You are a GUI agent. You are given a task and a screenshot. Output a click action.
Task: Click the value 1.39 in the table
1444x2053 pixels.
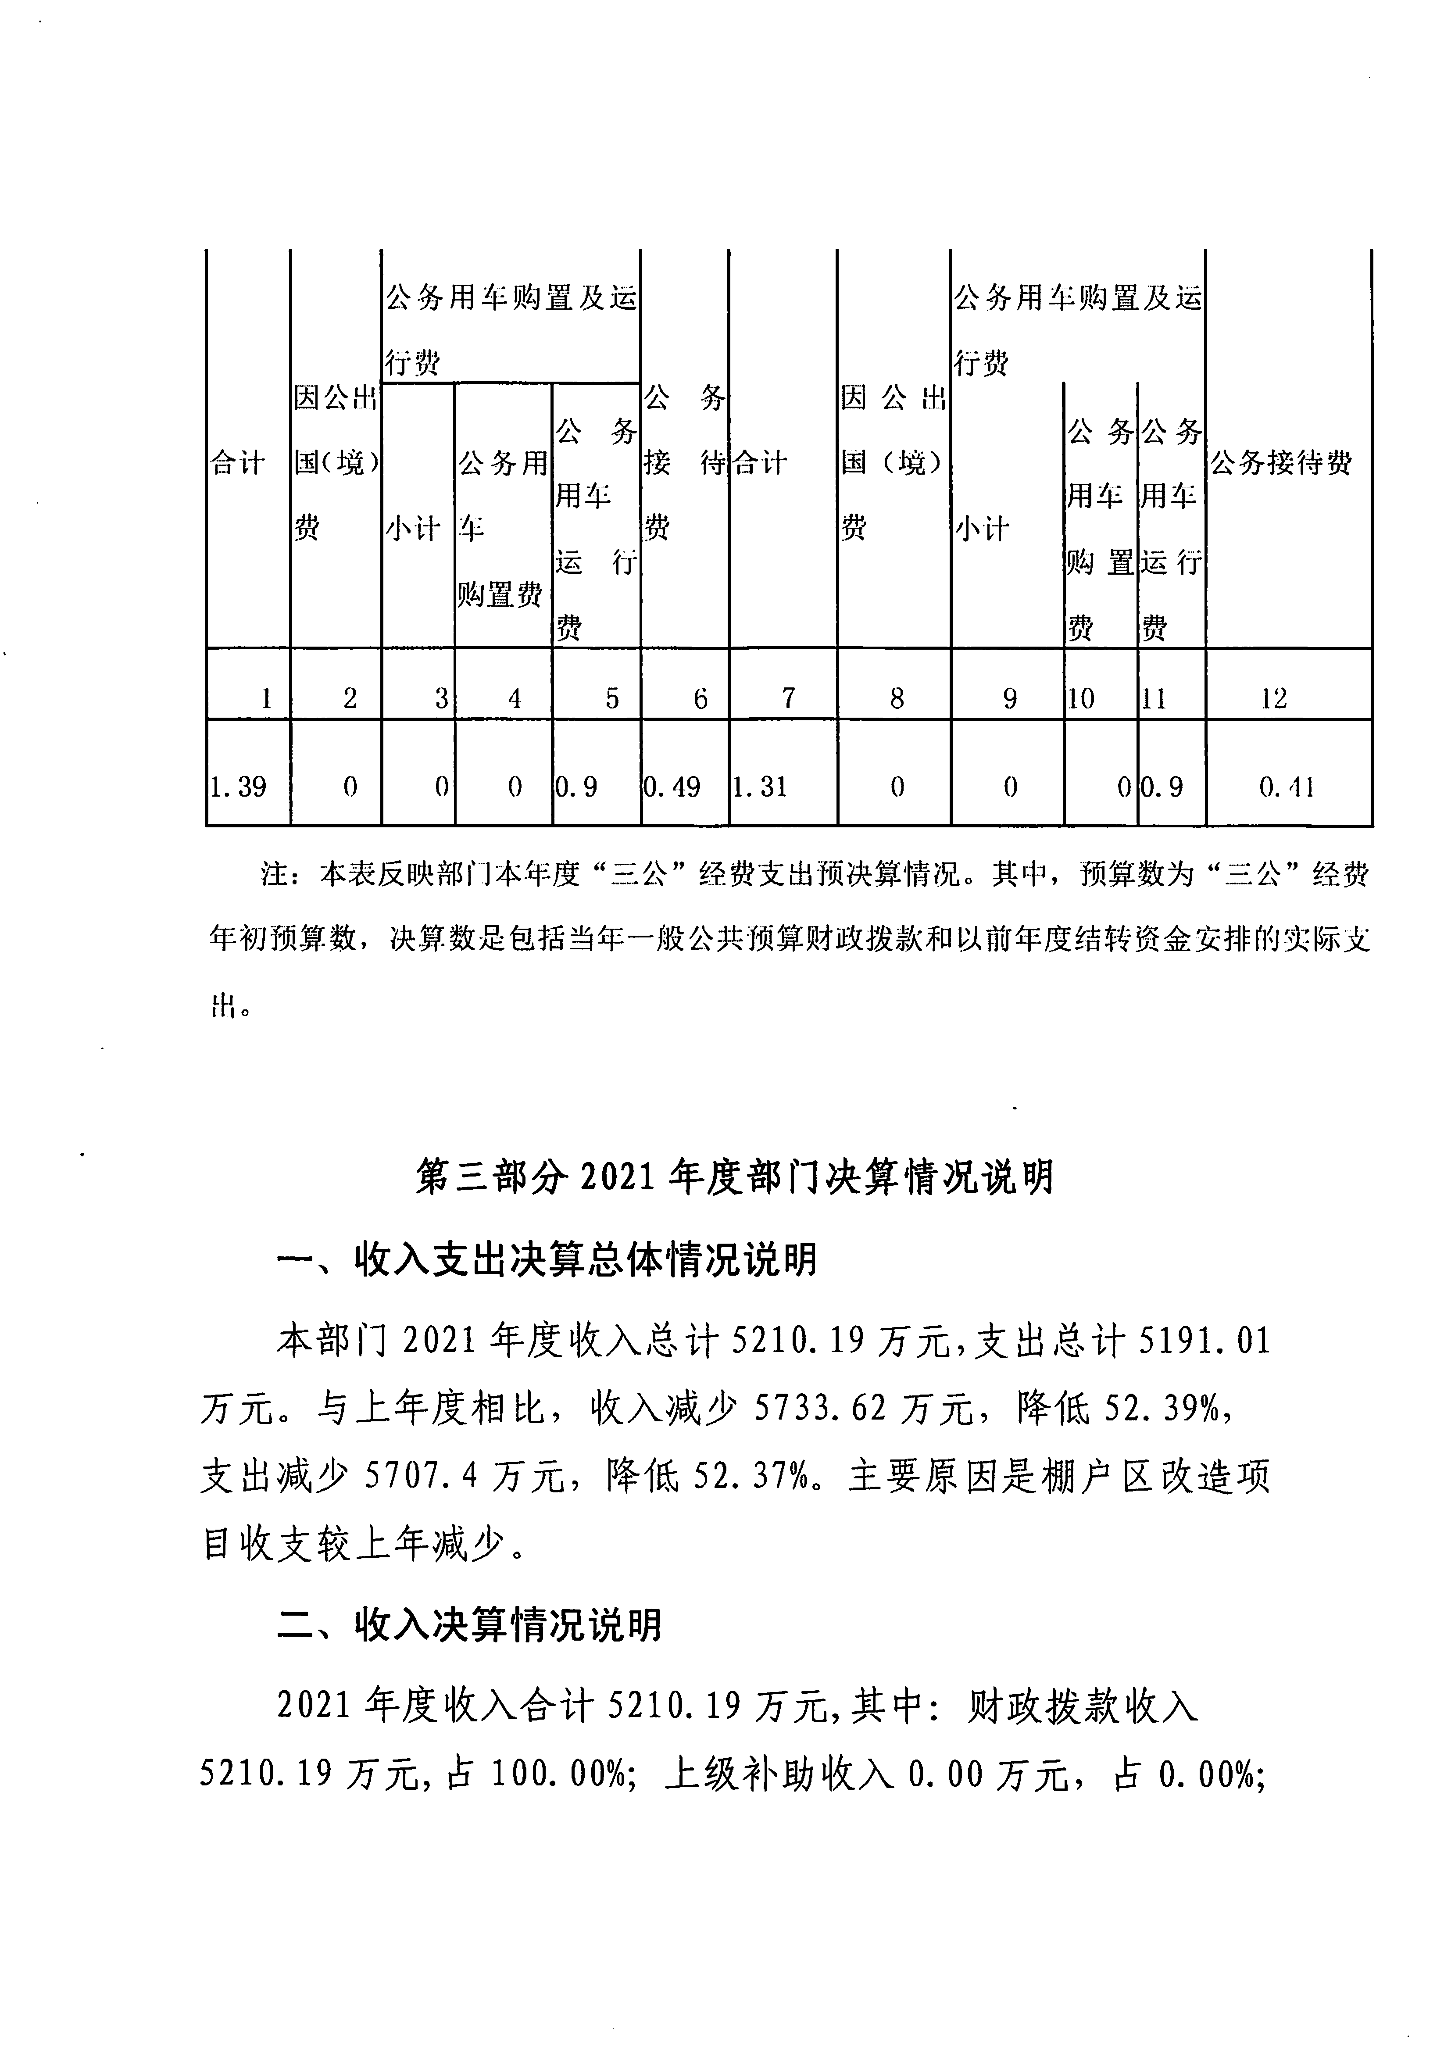(x=238, y=787)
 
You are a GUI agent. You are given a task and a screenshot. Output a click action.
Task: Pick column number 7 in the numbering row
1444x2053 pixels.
(x=788, y=698)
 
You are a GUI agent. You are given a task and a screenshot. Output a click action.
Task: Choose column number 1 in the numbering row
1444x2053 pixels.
(x=266, y=698)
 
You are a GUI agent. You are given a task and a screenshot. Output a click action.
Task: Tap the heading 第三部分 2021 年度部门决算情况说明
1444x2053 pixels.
(x=735, y=1177)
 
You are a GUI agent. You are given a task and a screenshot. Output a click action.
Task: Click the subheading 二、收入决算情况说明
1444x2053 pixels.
(x=469, y=1625)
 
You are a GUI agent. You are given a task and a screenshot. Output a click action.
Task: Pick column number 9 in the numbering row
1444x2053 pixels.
(x=1009, y=698)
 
